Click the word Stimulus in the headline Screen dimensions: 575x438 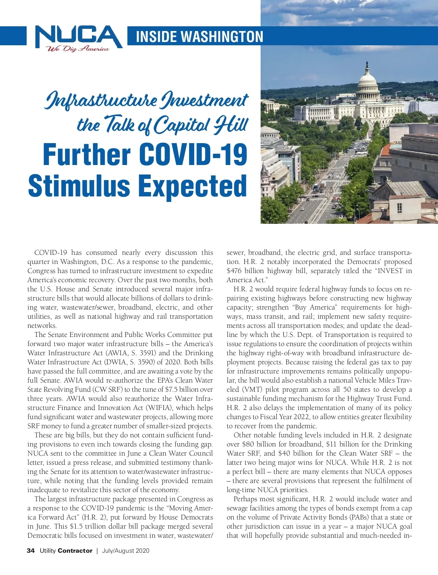pos(79,186)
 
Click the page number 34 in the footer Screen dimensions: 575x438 pos(31,551)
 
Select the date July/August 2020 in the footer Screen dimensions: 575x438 pos(126,551)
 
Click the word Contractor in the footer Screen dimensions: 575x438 pos(75,551)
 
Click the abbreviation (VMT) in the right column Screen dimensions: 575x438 pos(252,390)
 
